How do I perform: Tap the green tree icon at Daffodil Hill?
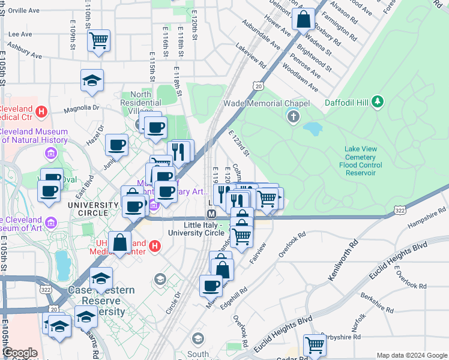coord(377,101)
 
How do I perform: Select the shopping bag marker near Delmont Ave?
coord(304,19)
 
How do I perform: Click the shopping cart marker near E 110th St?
coord(98,41)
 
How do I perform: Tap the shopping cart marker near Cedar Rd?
coord(315,345)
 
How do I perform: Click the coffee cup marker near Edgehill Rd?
coord(211,286)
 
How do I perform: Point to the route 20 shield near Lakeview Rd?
coord(258,86)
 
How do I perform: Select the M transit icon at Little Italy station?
coord(211,215)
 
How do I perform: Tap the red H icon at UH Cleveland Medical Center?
coord(154,245)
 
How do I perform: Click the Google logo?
coord(20,353)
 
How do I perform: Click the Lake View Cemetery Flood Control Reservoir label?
coord(372,158)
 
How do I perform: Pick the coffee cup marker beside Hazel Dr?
coord(116,145)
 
